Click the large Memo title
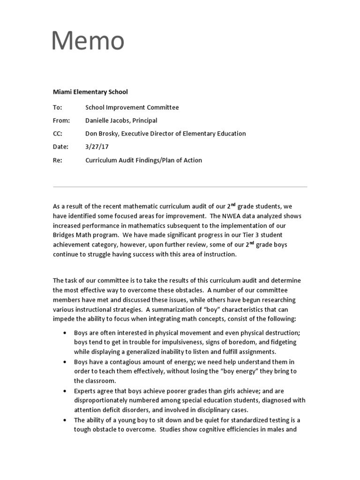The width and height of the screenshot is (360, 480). click(88, 41)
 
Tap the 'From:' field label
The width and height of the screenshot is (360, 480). click(61, 120)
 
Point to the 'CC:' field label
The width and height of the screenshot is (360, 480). click(58, 134)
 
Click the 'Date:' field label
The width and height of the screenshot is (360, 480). click(60, 147)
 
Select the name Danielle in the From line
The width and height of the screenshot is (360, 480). click(98, 120)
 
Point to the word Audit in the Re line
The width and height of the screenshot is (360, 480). click(127, 160)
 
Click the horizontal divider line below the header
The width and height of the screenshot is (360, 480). click(180, 187)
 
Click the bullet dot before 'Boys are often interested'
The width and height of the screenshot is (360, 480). click(64, 333)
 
